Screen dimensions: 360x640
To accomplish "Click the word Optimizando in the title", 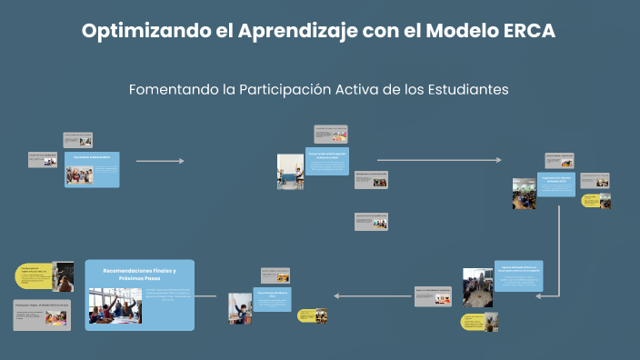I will pyautogui.click(x=136, y=30).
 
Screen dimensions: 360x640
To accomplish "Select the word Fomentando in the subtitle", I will pyautogui.click(x=172, y=90).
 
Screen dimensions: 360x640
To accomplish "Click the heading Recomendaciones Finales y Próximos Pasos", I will pyautogui.click(x=139, y=275).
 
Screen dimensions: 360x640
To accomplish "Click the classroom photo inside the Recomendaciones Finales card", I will pyautogui.click(x=115, y=306).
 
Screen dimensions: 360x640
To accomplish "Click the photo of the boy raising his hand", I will pyautogui.click(x=240, y=308).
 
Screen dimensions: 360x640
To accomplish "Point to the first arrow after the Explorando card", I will pyautogui.click(x=160, y=161).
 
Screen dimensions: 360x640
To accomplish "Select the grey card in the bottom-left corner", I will pyautogui.click(x=42, y=315).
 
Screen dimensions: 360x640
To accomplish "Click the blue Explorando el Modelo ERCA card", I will pyautogui.click(x=92, y=169).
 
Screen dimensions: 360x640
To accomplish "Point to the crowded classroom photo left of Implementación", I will pyautogui.click(x=524, y=193).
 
